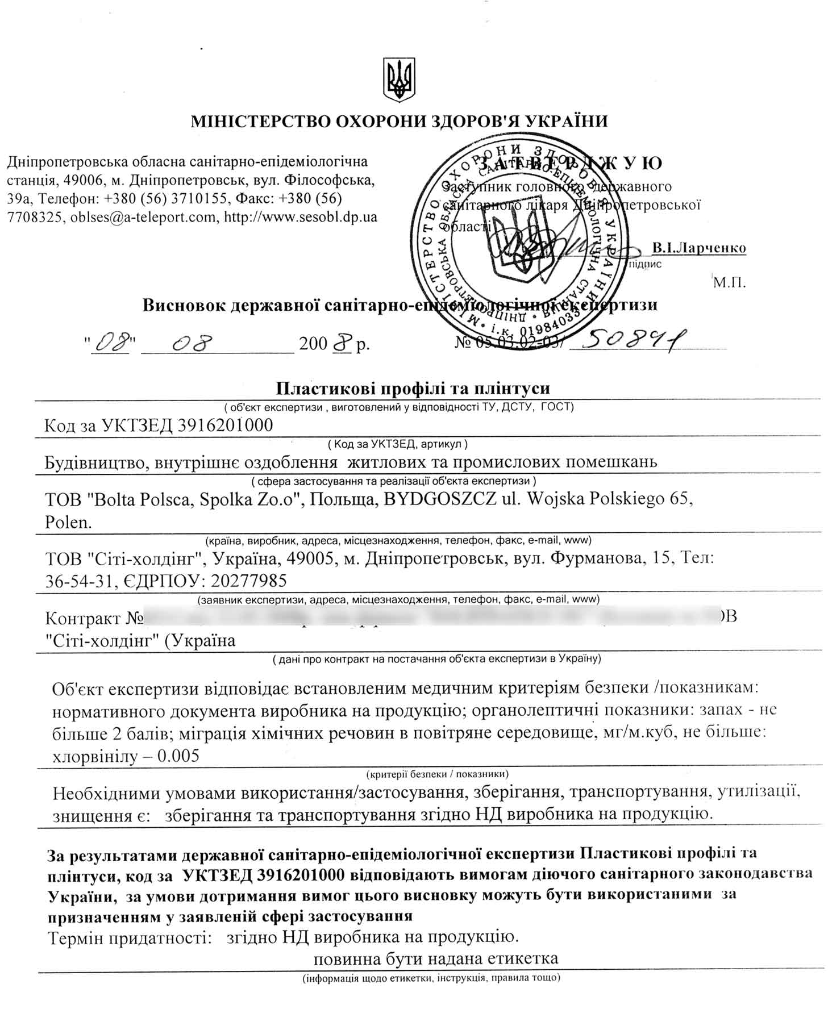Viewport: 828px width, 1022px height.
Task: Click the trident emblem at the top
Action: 400,80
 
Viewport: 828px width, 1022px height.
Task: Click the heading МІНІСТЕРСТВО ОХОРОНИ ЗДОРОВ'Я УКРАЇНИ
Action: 399,121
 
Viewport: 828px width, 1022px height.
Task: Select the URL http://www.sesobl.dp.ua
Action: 301,217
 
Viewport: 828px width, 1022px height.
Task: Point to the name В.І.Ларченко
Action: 698,248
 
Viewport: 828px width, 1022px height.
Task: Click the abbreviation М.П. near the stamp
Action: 729,282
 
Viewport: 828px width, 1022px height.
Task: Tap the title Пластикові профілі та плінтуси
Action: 413,388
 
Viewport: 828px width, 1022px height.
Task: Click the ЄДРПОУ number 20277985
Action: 248,580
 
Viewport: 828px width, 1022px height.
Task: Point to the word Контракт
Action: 83,618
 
